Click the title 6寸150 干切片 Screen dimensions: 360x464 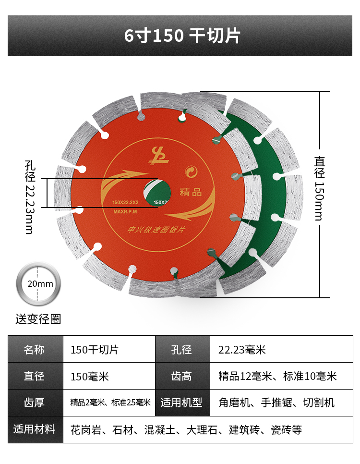(182, 36)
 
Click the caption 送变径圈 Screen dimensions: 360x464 (38, 319)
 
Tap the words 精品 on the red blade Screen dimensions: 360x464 (191, 192)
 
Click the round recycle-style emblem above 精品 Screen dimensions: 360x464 (191, 171)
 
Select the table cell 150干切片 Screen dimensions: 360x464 (95, 349)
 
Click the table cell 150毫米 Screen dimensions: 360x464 (90, 376)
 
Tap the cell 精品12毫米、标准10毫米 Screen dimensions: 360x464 (277, 376)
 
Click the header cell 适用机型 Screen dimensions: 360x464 (182, 403)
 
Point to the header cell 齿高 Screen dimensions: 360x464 (182, 376)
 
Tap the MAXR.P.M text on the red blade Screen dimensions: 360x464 (126, 211)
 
